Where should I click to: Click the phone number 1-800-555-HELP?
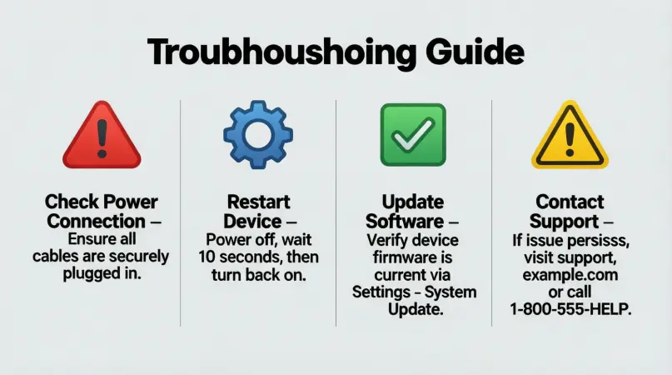[x=570, y=309]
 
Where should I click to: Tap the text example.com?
[x=570, y=275]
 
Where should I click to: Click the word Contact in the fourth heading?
[x=570, y=202]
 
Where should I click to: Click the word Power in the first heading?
[x=132, y=202]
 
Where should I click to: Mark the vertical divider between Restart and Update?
[x=336, y=212]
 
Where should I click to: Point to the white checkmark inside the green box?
[x=413, y=133]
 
